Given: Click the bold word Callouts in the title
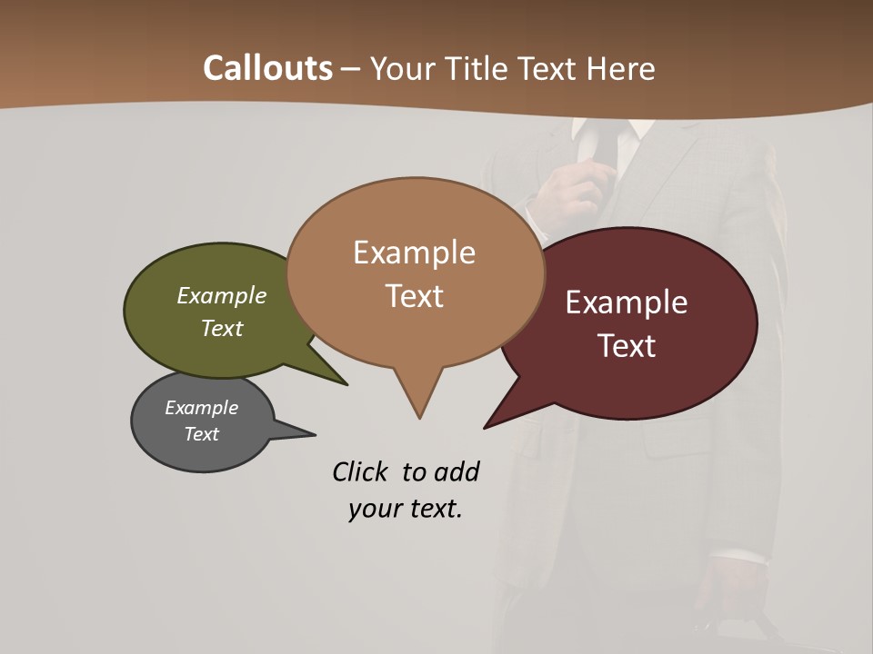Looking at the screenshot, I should [x=267, y=68].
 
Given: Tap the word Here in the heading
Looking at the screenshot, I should [x=621, y=69].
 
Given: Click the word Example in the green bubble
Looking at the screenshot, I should [x=222, y=295].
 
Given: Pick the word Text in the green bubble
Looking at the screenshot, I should [x=222, y=328].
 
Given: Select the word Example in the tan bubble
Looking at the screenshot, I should [x=414, y=253].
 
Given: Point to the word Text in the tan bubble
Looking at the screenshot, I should [x=414, y=296].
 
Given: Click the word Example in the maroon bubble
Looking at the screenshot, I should [x=627, y=302].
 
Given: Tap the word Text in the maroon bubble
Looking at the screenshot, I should [x=627, y=346].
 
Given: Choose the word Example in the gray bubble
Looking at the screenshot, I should [x=202, y=408].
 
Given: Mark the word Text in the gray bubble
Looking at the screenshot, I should [x=202, y=434].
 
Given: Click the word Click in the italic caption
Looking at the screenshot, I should [x=362, y=472].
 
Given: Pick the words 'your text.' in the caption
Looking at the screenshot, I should [x=406, y=509].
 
